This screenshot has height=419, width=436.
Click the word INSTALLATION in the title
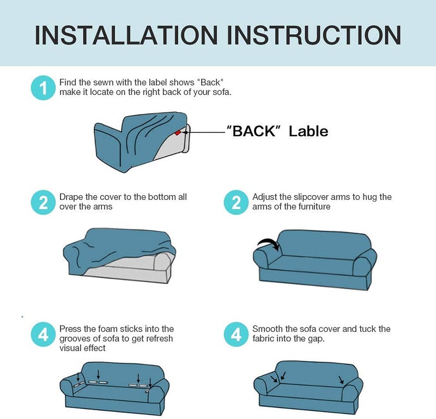click(x=126, y=35)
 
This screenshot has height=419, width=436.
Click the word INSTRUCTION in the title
click(x=314, y=35)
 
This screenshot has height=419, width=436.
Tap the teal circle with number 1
click(x=43, y=88)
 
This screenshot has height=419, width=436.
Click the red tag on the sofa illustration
click(x=178, y=133)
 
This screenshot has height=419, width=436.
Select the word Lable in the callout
click(x=308, y=131)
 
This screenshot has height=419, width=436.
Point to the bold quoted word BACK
click(x=255, y=131)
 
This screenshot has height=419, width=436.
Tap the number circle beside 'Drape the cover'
click(x=43, y=202)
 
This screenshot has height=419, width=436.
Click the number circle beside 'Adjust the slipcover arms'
click(x=236, y=202)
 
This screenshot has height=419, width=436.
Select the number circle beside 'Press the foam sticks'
click(x=43, y=334)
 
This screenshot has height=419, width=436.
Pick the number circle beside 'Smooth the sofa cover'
click(x=236, y=334)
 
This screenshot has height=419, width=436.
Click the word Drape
click(x=71, y=197)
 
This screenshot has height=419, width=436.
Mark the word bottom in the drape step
click(x=162, y=197)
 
